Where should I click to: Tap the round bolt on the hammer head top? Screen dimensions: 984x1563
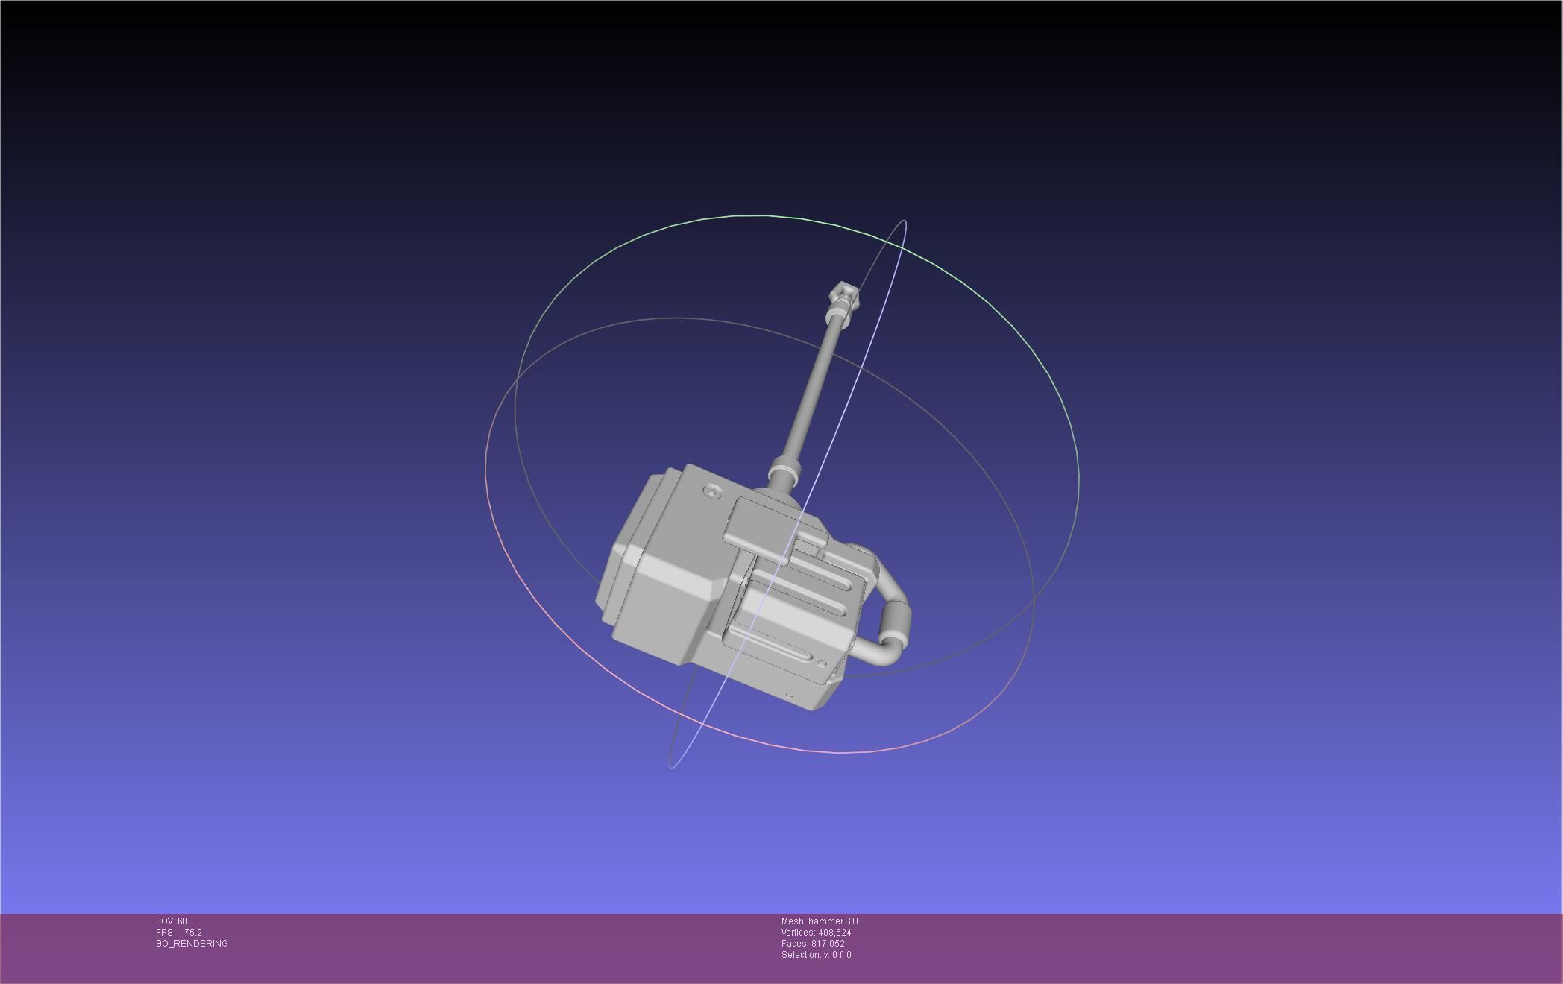(x=714, y=492)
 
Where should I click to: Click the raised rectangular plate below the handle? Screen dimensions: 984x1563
(x=768, y=522)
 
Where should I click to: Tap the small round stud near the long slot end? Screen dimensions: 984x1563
(x=822, y=663)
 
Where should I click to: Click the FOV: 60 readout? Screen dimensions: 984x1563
(x=172, y=921)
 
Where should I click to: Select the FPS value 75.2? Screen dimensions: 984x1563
(x=193, y=933)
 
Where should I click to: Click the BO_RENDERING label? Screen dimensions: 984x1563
(x=192, y=944)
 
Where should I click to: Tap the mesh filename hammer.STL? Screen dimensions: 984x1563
(x=834, y=921)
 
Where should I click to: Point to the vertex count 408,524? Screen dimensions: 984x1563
(x=834, y=933)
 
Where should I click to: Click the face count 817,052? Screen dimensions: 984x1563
(x=828, y=944)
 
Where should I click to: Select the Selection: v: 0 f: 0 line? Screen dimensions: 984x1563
(x=816, y=955)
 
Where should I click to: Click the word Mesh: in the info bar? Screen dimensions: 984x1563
(x=793, y=921)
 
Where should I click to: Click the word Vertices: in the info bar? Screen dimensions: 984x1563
(x=798, y=933)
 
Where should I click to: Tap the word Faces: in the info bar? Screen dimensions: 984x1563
(x=795, y=944)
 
